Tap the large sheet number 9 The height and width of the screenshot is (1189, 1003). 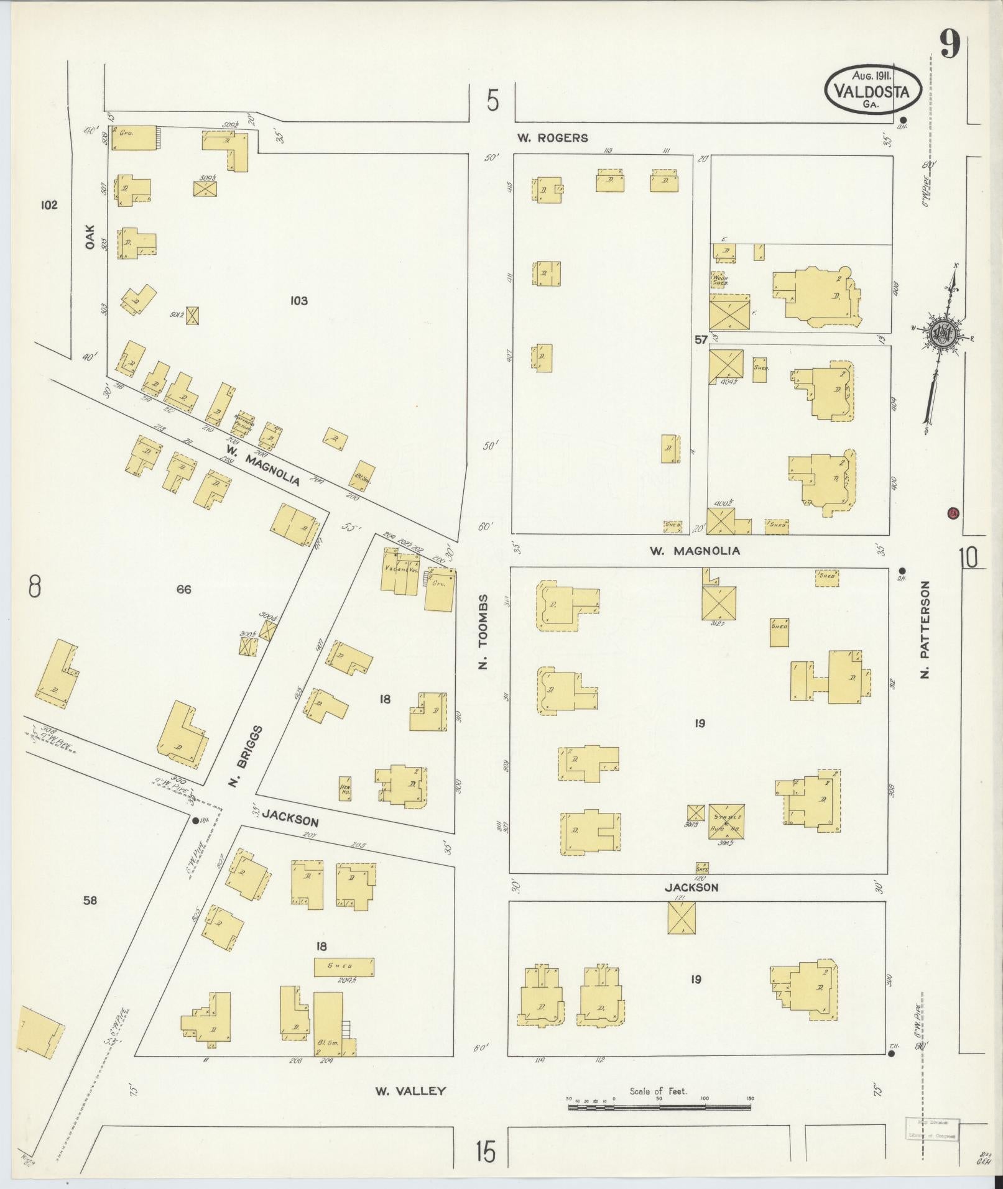pyautogui.click(x=950, y=45)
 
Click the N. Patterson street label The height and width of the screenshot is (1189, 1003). pyautogui.click(x=925, y=629)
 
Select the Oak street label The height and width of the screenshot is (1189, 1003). pyautogui.click(x=90, y=237)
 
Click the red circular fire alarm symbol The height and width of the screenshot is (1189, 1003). pyautogui.click(x=952, y=513)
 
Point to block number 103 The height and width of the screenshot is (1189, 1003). pyautogui.click(x=299, y=301)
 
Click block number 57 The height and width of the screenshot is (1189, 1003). pyautogui.click(x=701, y=339)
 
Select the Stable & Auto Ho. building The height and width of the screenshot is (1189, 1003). pyautogui.click(x=726, y=822)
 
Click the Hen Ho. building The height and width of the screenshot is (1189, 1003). pyautogui.click(x=345, y=788)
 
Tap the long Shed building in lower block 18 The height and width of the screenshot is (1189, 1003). pyautogui.click(x=343, y=965)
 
